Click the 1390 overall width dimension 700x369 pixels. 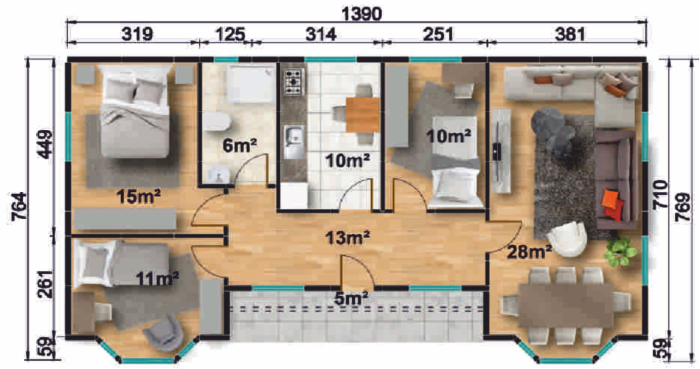(x=361, y=14)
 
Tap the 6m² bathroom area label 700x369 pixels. (x=239, y=145)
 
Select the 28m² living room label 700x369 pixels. (x=529, y=252)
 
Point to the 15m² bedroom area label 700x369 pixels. (x=139, y=196)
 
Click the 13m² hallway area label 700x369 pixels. (x=347, y=238)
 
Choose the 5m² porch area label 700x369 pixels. (x=352, y=297)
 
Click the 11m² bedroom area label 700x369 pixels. (x=158, y=279)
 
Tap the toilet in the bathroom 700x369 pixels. (x=217, y=120)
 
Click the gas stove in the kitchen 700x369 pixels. (x=294, y=82)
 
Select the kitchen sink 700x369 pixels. (x=294, y=142)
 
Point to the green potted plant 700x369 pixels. (x=620, y=253)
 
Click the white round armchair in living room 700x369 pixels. (x=568, y=239)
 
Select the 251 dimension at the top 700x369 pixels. (x=437, y=35)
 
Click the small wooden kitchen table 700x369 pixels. (x=362, y=115)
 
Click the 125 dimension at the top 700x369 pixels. (x=230, y=35)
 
